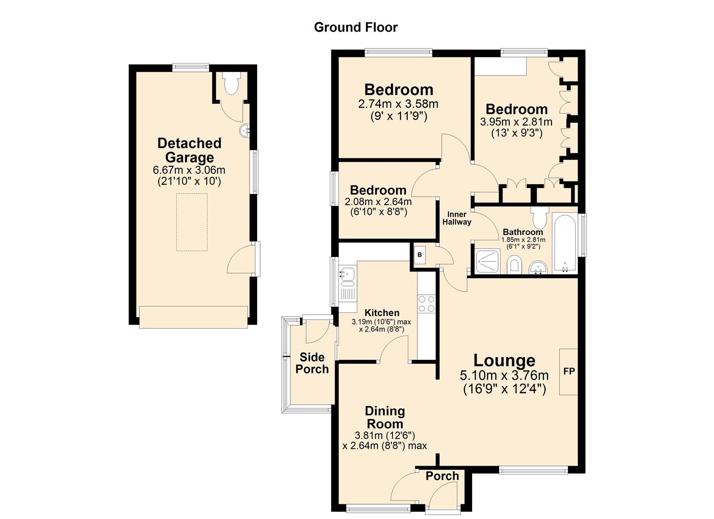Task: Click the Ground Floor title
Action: coord(356,27)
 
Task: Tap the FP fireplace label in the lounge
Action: coord(569,371)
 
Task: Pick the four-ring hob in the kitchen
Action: coord(426,304)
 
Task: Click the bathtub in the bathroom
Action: coord(564,244)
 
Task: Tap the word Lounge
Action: coord(504,360)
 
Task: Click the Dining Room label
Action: coord(385,417)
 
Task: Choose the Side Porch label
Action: coord(312,363)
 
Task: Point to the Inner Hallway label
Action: coord(457,218)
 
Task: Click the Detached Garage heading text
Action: coord(189,150)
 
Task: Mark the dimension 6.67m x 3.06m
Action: coord(189,170)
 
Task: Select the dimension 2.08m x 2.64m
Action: coord(378,201)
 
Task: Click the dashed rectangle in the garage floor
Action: coord(192,222)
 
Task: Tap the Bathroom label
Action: coord(523,232)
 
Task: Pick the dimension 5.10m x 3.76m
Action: coord(504,375)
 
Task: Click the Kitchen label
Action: coord(382,313)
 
